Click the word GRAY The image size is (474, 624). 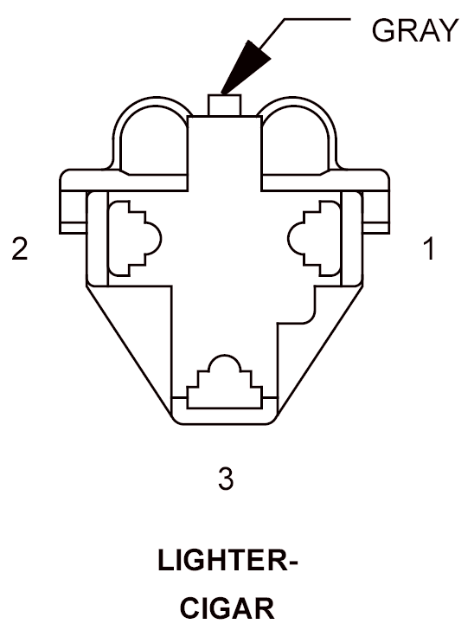point(415,30)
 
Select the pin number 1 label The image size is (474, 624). point(429,248)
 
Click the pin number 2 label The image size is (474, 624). point(20,248)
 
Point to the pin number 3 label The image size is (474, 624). point(226,478)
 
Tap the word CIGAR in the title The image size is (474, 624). point(227,608)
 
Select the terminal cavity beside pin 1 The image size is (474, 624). point(314,238)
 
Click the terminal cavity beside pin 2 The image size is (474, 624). point(135,238)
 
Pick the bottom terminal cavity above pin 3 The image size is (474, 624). point(225,382)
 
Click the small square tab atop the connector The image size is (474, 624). point(225,106)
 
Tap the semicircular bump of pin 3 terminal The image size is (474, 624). point(225,363)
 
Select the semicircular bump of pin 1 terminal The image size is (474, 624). point(296,238)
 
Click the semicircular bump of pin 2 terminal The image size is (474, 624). point(153,238)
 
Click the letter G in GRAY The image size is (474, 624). point(383,30)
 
